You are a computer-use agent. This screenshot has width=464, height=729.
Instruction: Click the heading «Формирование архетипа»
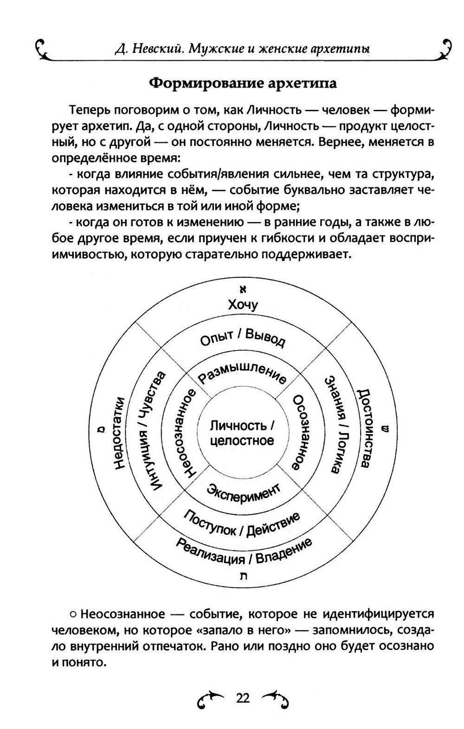(242, 83)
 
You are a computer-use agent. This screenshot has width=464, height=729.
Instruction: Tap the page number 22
(243, 698)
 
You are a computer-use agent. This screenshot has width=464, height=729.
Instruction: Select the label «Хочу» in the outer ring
(243, 305)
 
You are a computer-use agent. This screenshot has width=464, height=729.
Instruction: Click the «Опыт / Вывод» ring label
(243, 338)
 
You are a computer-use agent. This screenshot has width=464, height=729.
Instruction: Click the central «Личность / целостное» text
(242, 433)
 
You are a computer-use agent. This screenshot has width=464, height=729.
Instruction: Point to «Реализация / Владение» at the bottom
(243, 552)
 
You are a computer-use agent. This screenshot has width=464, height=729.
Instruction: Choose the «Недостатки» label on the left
(119, 433)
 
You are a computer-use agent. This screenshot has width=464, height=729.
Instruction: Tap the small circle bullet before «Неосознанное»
(72, 614)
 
